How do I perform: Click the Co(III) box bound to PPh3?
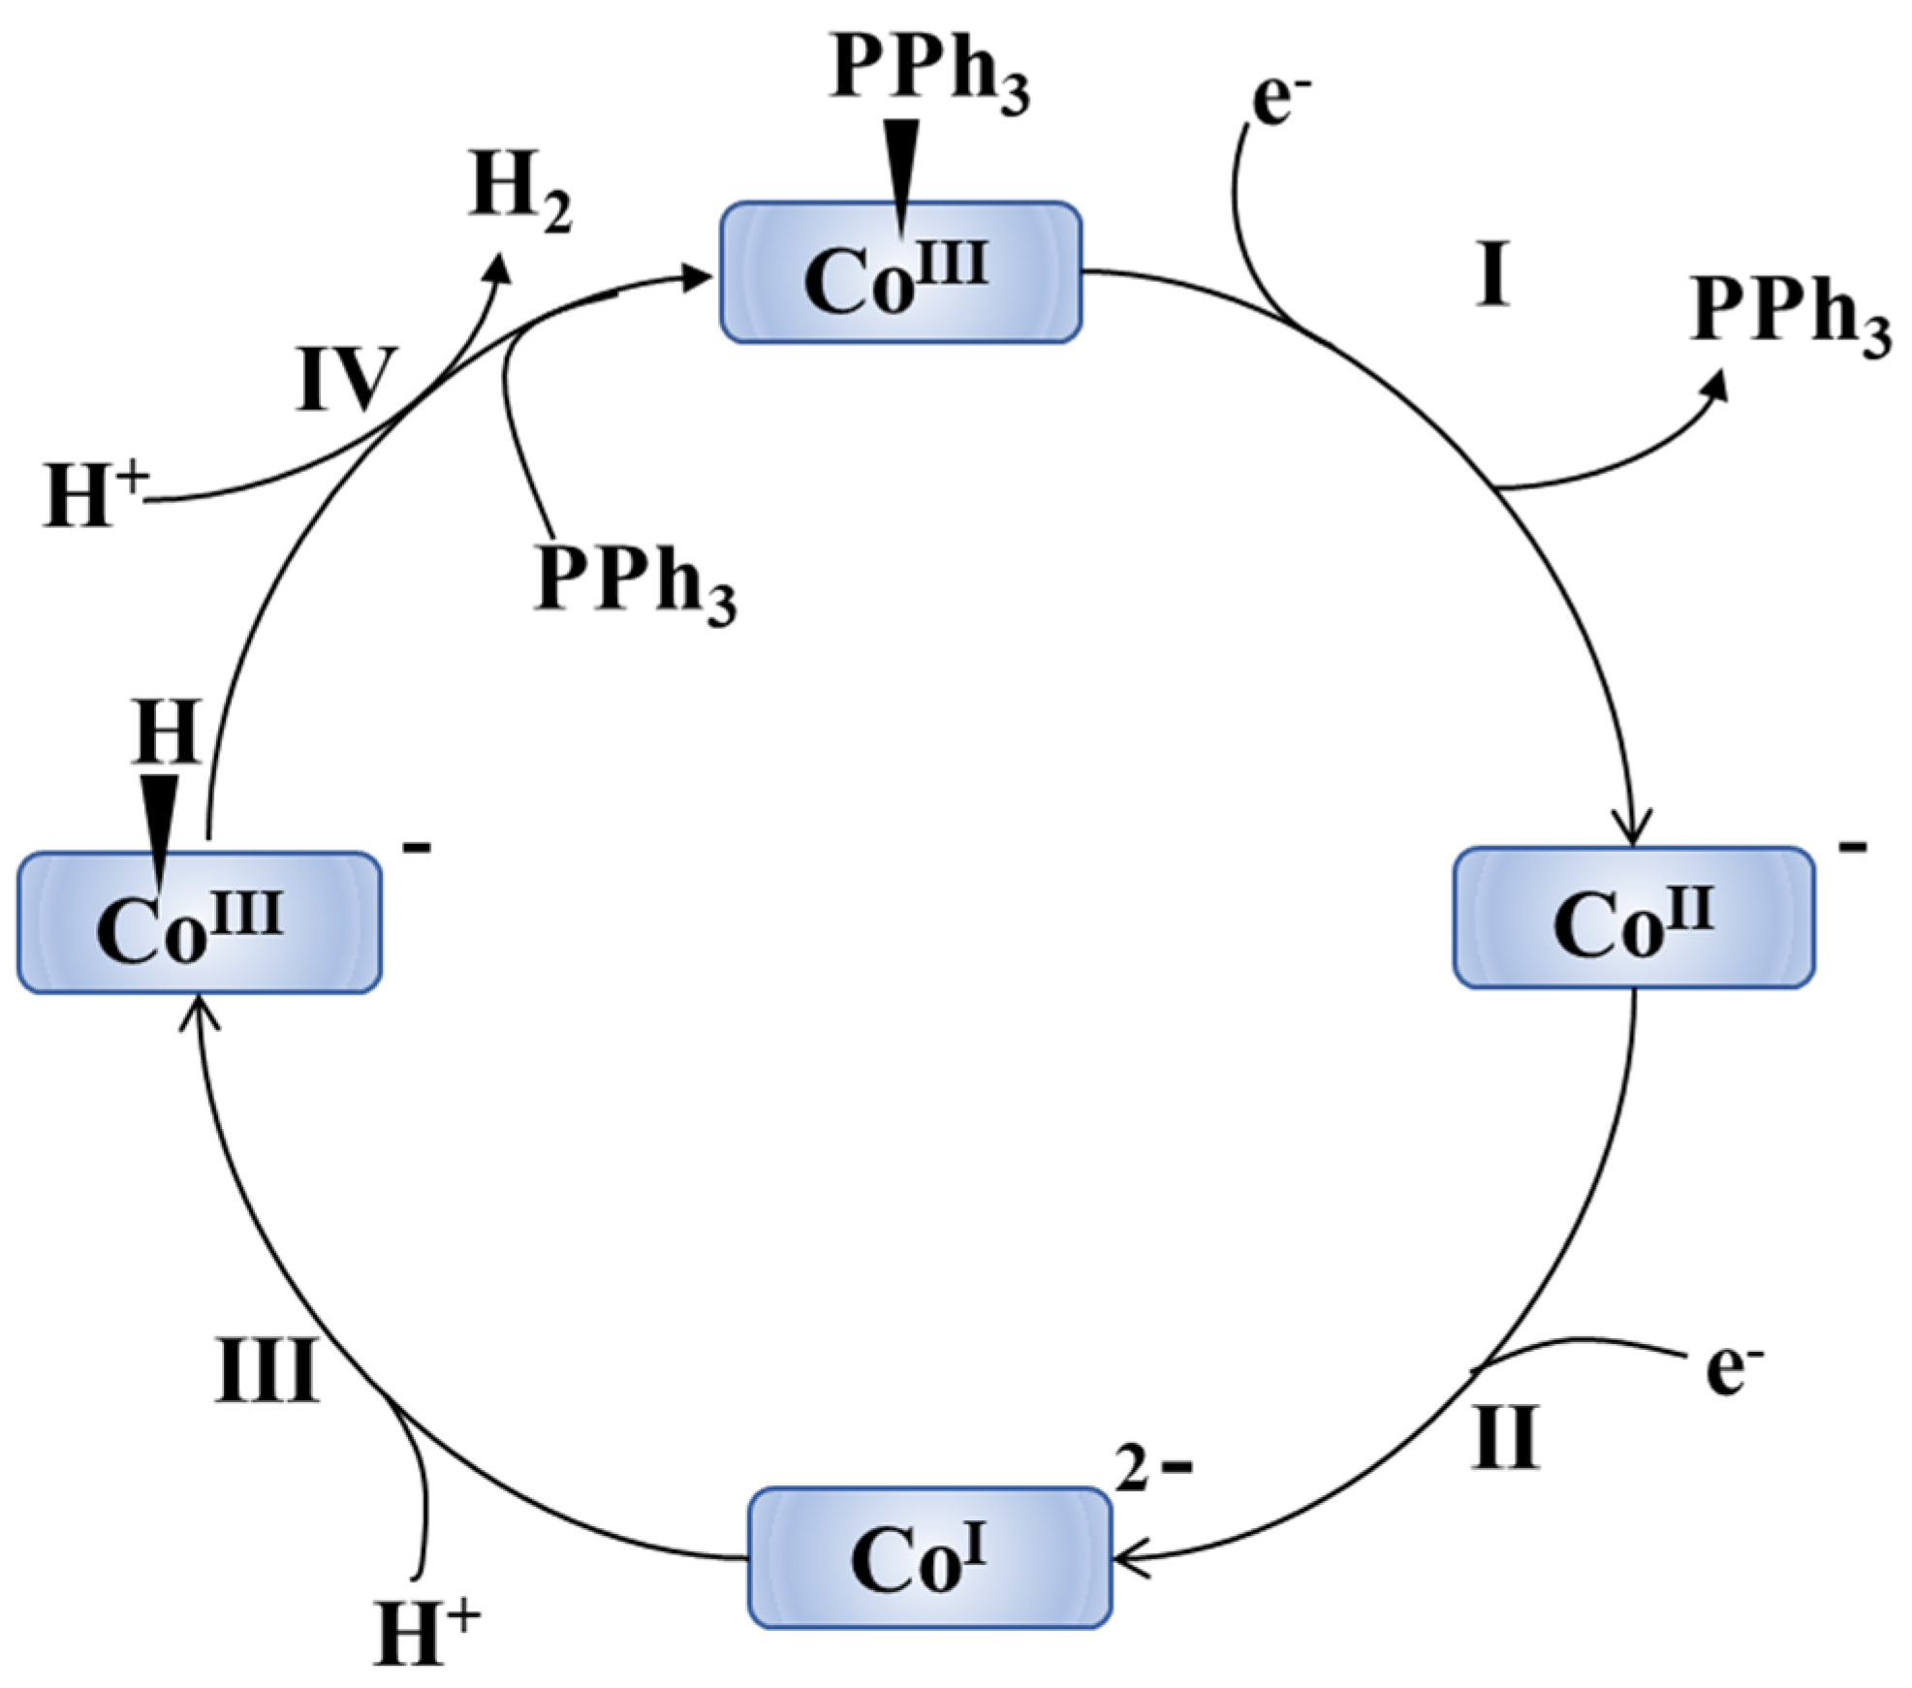click(899, 272)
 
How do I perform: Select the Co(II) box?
click(1633, 918)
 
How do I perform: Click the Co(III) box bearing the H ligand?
click(199, 922)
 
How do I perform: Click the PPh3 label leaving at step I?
click(1791, 316)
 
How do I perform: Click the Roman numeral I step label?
click(1492, 274)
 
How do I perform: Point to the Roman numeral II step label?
click(1505, 1437)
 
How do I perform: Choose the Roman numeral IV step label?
click(345, 379)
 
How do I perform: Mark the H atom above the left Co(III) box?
click(167, 734)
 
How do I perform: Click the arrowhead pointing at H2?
click(501, 266)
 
